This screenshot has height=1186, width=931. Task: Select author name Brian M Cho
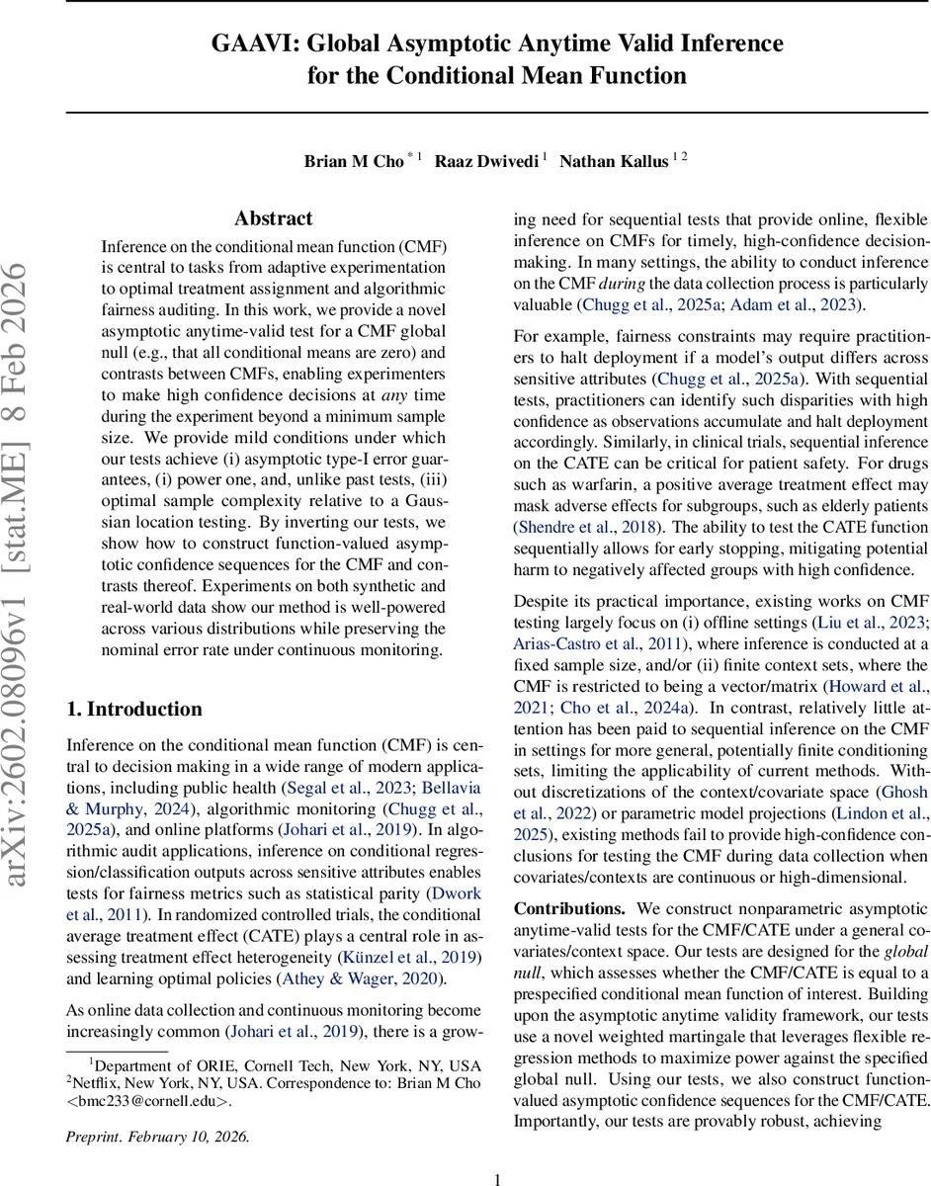(x=354, y=162)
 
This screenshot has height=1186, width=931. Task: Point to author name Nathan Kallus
(x=613, y=162)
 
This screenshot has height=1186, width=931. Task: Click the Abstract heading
(x=274, y=218)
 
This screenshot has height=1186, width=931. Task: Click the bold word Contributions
(x=569, y=908)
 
